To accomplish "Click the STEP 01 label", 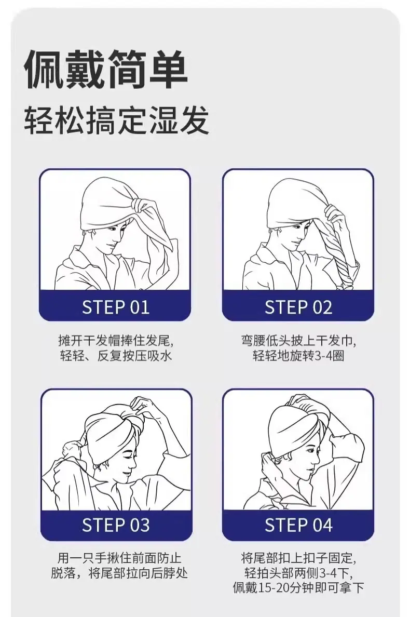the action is click(x=116, y=307).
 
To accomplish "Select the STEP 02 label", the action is click(x=298, y=307).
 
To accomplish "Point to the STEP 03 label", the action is click(x=116, y=525).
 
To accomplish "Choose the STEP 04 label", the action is click(x=298, y=525).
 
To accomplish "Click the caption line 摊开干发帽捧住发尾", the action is click(x=116, y=340).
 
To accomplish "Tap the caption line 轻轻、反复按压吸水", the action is click(x=116, y=356).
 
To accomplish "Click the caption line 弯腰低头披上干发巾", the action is click(x=299, y=340).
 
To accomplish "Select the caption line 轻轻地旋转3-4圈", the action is click(x=299, y=356).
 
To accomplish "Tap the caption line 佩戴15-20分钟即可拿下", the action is click(x=298, y=588).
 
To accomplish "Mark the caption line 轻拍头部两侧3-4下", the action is click(x=299, y=573).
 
